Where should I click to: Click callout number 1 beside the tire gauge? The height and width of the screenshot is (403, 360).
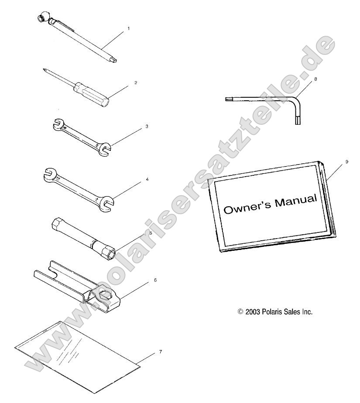[129, 28]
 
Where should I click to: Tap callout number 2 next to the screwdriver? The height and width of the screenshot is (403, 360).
[136, 83]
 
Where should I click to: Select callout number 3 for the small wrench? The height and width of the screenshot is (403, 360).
[147, 126]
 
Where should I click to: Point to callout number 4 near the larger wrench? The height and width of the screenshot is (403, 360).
[147, 179]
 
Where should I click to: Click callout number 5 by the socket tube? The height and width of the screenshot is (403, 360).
[151, 233]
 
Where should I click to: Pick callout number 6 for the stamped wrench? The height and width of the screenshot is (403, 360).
[155, 280]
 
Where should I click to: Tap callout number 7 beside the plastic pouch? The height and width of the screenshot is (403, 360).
[161, 352]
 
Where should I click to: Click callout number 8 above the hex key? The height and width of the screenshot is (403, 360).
[315, 79]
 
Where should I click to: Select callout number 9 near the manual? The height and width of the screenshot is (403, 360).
[347, 162]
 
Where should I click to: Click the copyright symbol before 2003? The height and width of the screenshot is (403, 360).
[240, 312]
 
